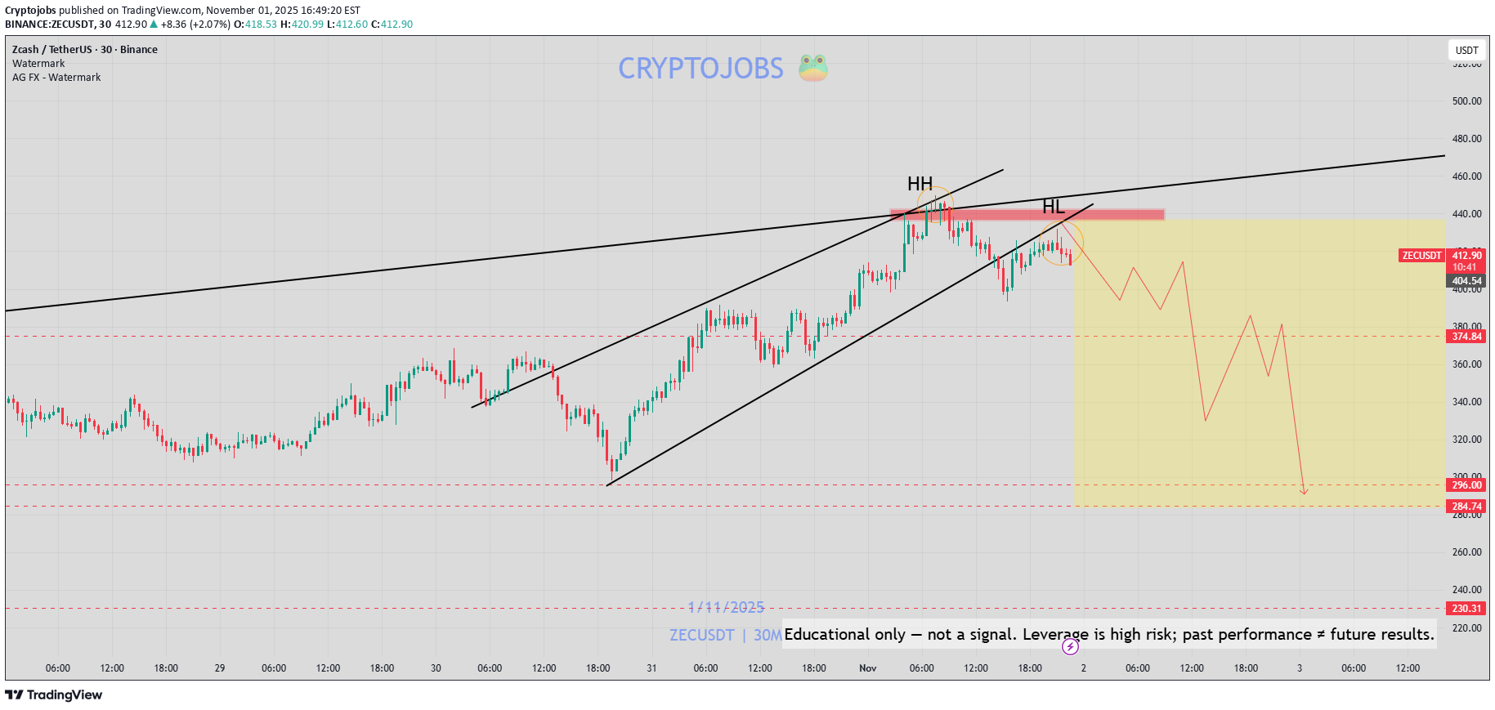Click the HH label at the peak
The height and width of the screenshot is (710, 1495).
click(920, 184)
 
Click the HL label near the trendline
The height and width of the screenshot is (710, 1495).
click(1054, 207)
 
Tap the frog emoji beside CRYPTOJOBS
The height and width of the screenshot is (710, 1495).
click(813, 68)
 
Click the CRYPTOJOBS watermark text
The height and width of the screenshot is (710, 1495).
click(701, 69)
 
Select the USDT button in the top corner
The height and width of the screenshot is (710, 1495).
click(1466, 50)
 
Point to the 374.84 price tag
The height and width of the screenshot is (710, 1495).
click(1466, 337)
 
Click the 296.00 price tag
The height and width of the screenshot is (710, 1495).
click(1466, 485)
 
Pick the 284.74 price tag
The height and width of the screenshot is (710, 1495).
click(1466, 507)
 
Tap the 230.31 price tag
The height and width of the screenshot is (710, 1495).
click(1466, 609)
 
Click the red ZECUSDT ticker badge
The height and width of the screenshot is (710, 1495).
click(1421, 256)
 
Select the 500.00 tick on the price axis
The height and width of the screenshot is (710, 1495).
click(1466, 101)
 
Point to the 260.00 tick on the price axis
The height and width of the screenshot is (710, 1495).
click(1466, 552)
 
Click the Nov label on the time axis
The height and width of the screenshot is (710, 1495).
click(867, 668)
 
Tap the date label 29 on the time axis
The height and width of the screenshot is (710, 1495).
click(220, 668)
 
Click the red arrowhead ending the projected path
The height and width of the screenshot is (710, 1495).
click(1304, 491)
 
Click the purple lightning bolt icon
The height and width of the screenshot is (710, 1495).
click(1070, 647)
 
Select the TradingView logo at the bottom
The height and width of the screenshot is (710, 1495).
click(54, 695)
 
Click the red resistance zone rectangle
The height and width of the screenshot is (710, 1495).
click(1027, 215)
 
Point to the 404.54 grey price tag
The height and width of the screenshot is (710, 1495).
click(1466, 281)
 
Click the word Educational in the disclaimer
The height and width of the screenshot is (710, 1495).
click(844, 635)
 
